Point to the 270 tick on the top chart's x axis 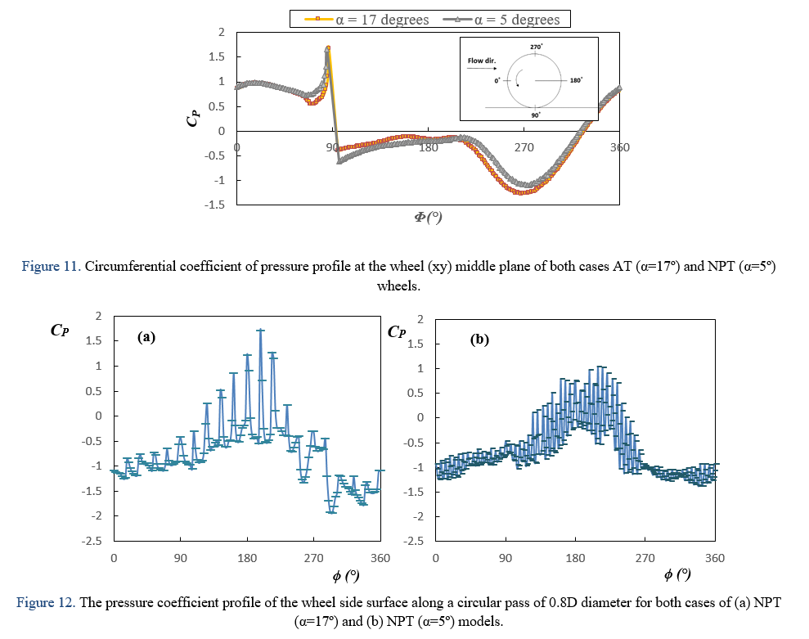(x=524, y=147)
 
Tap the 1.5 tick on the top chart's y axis (x=218, y=56)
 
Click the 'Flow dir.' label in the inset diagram (x=482, y=61)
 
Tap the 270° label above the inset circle (x=536, y=47)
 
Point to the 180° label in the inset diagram (x=576, y=81)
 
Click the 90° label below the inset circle (x=536, y=116)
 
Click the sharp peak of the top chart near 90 (x=328, y=48)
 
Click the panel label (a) (x=146, y=336)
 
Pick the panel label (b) (x=479, y=339)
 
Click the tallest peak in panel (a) (x=261, y=330)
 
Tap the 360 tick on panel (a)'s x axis (x=380, y=557)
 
